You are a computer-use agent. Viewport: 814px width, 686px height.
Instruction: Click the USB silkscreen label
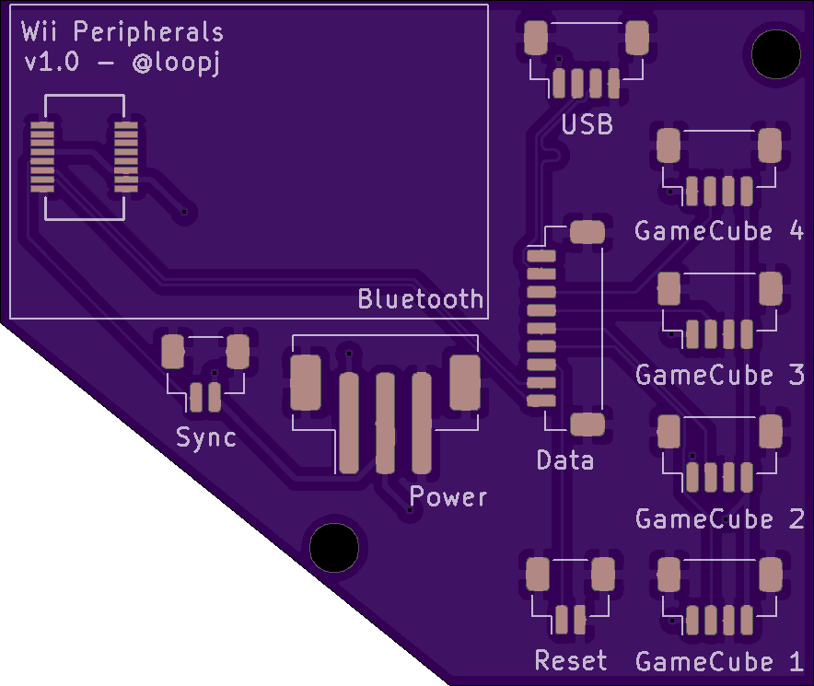pyautogui.click(x=587, y=124)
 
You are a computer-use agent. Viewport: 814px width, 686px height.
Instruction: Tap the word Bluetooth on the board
pyautogui.click(x=421, y=298)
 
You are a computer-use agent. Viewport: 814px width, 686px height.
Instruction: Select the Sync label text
pyautogui.click(x=206, y=437)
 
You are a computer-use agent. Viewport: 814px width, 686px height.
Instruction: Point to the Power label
pyautogui.click(x=448, y=496)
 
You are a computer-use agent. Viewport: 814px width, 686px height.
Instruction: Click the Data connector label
pyautogui.click(x=564, y=460)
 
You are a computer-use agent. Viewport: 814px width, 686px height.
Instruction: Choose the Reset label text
pyautogui.click(x=571, y=660)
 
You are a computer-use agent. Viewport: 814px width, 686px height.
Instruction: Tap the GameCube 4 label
pyautogui.click(x=719, y=230)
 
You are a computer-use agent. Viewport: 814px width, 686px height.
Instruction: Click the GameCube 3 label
pyautogui.click(x=719, y=375)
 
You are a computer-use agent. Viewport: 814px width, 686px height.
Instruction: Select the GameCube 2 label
pyautogui.click(x=719, y=518)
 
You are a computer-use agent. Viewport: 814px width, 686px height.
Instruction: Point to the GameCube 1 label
pyautogui.click(x=719, y=661)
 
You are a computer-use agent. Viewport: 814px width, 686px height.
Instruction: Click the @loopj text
pyautogui.click(x=177, y=63)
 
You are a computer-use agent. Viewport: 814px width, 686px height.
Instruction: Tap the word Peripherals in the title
pyautogui.click(x=148, y=31)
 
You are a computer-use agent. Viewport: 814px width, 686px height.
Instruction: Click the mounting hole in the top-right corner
pyautogui.click(x=776, y=54)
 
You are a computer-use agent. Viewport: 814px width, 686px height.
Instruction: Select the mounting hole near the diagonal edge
pyautogui.click(x=334, y=547)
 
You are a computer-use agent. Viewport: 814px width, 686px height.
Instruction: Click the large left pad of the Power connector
pyautogui.click(x=306, y=382)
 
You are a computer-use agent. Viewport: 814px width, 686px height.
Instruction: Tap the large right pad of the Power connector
pyautogui.click(x=465, y=382)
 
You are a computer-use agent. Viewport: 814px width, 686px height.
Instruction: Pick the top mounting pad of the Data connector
pyautogui.click(x=587, y=232)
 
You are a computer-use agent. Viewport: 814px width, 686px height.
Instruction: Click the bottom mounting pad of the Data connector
pyautogui.click(x=587, y=424)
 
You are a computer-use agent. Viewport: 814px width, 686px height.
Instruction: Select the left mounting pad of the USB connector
pyautogui.click(x=536, y=38)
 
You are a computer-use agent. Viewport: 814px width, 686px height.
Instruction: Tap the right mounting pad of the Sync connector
pyautogui.click(x=238, y=352)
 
